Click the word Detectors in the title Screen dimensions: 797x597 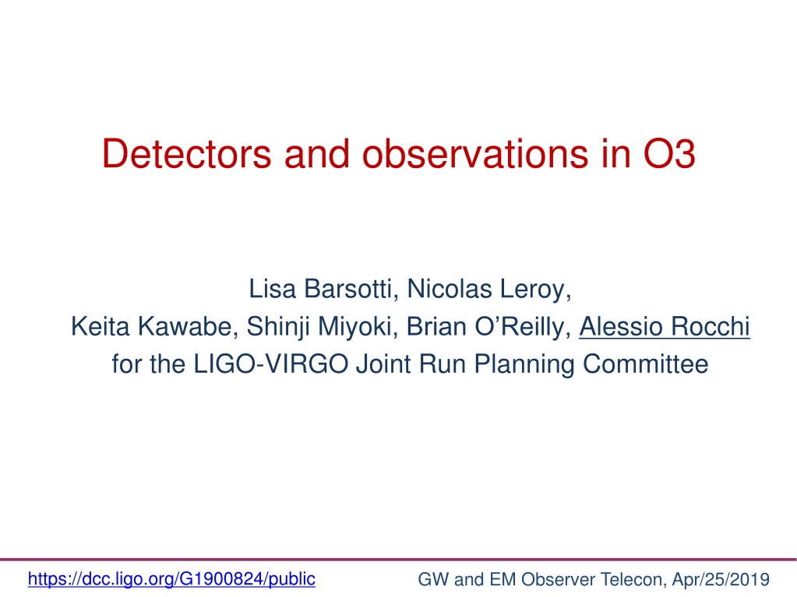coord(186,153)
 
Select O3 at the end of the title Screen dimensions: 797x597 coord(669,153)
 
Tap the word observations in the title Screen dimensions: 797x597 coord(474,153)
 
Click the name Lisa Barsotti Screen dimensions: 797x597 coord(320,290)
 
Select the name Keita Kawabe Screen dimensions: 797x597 coord(152,326)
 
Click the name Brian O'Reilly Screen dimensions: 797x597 coord(485,326)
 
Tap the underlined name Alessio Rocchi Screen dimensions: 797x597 coord(665,326)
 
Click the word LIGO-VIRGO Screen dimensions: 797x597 coord(271,364)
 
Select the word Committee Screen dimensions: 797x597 coord(646,364)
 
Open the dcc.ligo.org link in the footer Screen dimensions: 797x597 coord(171,579)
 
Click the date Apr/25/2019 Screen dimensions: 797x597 coord(721,579)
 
